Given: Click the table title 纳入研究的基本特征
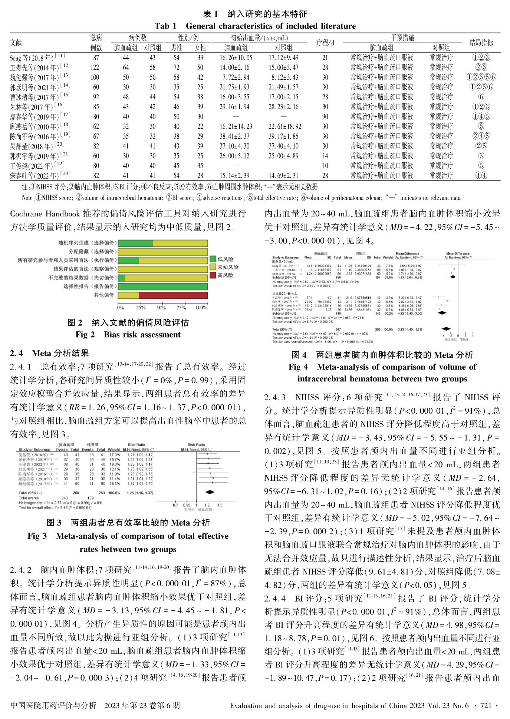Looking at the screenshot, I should click(267, 14).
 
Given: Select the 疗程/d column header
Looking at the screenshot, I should click(325, 43).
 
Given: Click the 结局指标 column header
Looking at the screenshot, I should click(481, 43).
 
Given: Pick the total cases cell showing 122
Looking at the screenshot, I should click(95, 67).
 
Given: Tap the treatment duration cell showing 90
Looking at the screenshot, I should click(325, 116).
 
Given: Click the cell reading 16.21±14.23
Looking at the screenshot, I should click(236, 126).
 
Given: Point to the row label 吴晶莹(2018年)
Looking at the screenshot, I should click(32, 146).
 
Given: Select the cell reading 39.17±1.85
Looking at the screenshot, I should click(283, 136).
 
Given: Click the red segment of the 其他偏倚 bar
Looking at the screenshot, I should click(173, 295).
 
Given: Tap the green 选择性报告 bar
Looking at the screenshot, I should click(162, 286).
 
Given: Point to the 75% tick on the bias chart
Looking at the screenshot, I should click(181, 308).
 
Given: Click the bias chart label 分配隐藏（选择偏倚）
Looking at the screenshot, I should click(87, 252).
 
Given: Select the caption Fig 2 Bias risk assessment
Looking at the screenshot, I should click(128, 335).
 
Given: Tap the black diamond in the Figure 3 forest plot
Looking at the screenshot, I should click(210, 493).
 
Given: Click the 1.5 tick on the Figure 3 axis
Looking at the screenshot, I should click(220, 505).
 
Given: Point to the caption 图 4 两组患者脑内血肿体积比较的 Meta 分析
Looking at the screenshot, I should click(382, 355).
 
